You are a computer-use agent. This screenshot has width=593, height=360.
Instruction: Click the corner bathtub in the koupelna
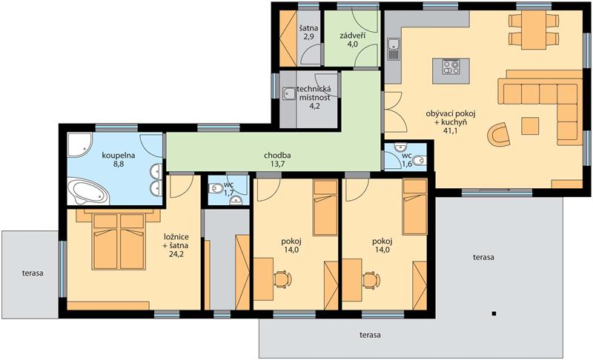pyautogui.click(x=87, y=191)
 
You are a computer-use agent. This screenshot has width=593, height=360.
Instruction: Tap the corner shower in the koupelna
pyautogui.click(x=79, y=144)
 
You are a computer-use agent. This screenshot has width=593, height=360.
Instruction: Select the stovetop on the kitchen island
pyautogui.click(x=451, y=67)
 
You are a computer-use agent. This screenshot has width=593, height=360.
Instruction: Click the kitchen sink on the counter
pyautogui.click(x=394, y=49)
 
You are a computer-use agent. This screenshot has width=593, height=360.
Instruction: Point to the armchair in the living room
pyautogui.click(x=498, y=134)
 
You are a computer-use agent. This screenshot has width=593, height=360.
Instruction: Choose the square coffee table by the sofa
pyautogui.click(x=530, y=126)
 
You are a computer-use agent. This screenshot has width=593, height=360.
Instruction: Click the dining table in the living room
pyautogui.click(x=534, y=30)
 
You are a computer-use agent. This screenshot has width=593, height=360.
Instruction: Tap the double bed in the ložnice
pyautogui.click(x=119, y=240)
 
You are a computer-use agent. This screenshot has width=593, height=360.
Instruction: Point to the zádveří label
pyautogui.click(x=352, y=36)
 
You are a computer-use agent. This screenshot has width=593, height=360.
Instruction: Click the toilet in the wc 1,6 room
pyautogui.click(x=419, y=161)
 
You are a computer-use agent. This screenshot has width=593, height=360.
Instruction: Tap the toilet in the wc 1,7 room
pyautogui.click(x=216, y=188)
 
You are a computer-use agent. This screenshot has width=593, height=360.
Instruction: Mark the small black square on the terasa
pyautogui.click(x=494, y=313)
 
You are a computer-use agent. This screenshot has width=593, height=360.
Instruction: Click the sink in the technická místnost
pyautogui.click(x=289, y=93)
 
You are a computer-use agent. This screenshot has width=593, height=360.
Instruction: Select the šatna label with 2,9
pyautogui.click(x=308, y=32)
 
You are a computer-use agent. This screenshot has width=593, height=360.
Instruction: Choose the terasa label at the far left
pyautogui.click(x=33, y=273)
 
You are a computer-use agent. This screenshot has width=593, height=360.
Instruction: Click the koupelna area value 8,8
pyautogui.click(x=119, y=164)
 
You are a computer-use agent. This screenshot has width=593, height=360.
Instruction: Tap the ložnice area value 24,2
pyautogui.click(x=176, y=254)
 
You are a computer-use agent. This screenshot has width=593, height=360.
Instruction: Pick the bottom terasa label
pyautogui.click(x=370, y=335)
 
